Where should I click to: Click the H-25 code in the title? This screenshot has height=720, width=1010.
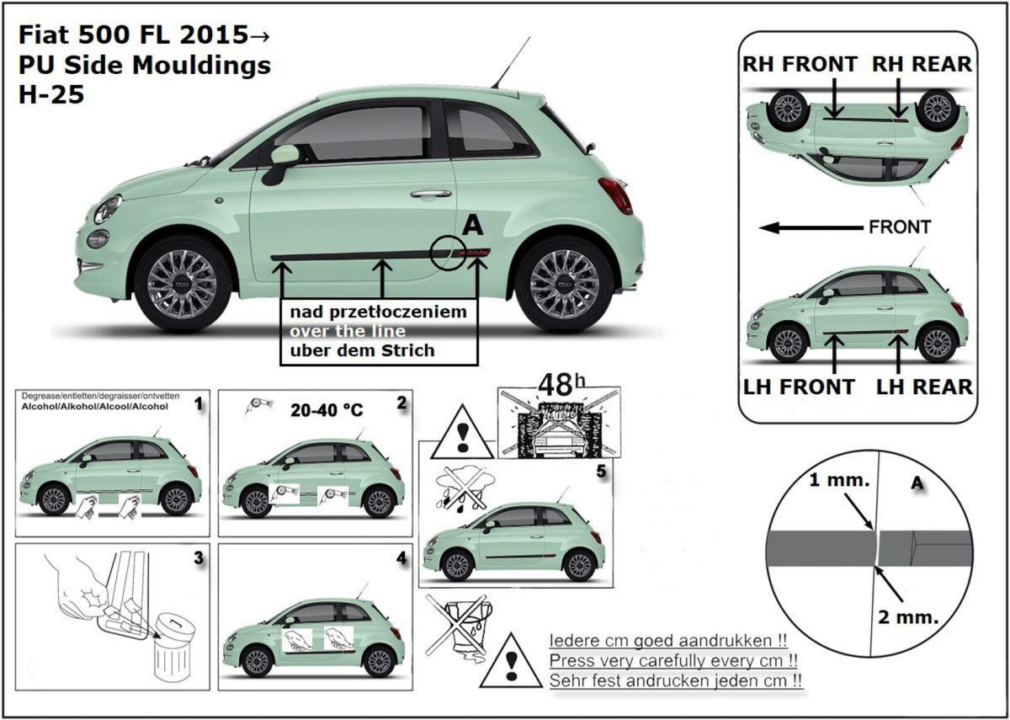pyautogui.click(x=50, y=94)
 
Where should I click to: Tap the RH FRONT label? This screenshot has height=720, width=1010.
pyautogui.click(x=799, y=64)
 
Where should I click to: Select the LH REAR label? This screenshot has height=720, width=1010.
pyautogui.click(x=924, y=387)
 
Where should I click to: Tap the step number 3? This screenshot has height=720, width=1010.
pyautogui.click(x=198, y=557)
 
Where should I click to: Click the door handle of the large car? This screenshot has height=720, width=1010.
pyautogui.click(x=430, y=194)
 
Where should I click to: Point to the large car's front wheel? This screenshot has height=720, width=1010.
pyautogui.click(x=182, y=283)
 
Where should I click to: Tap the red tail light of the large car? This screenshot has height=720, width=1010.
pyautogui.click(x=618, y=195)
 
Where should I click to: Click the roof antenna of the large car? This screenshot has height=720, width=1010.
pyautogui.click(x=511, y=63)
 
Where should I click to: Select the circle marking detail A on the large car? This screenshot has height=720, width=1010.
pyautogui.click(x=447, y=253)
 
